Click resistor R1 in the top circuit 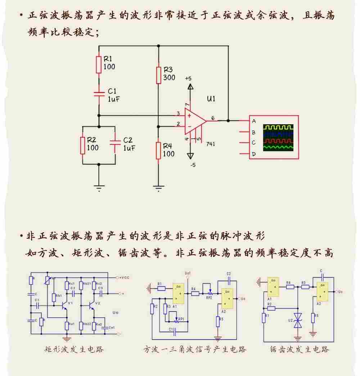(x=99, y=64)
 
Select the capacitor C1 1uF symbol (x=99, y=94)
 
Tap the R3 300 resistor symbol (x=158, y=74)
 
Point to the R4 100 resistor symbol (x=158, y=150)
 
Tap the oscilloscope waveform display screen (x=278, y=138)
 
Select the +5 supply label (x=188, y=79)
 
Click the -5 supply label (x=193, y=165)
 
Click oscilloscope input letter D (x=254, y=154)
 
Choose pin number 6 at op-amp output (x=213, y=118)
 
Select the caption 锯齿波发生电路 (x=300, y=349)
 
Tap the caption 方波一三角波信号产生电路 (x=194, y=349)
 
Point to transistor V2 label (x=98, y=303)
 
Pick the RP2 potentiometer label (x=209, y=297)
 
